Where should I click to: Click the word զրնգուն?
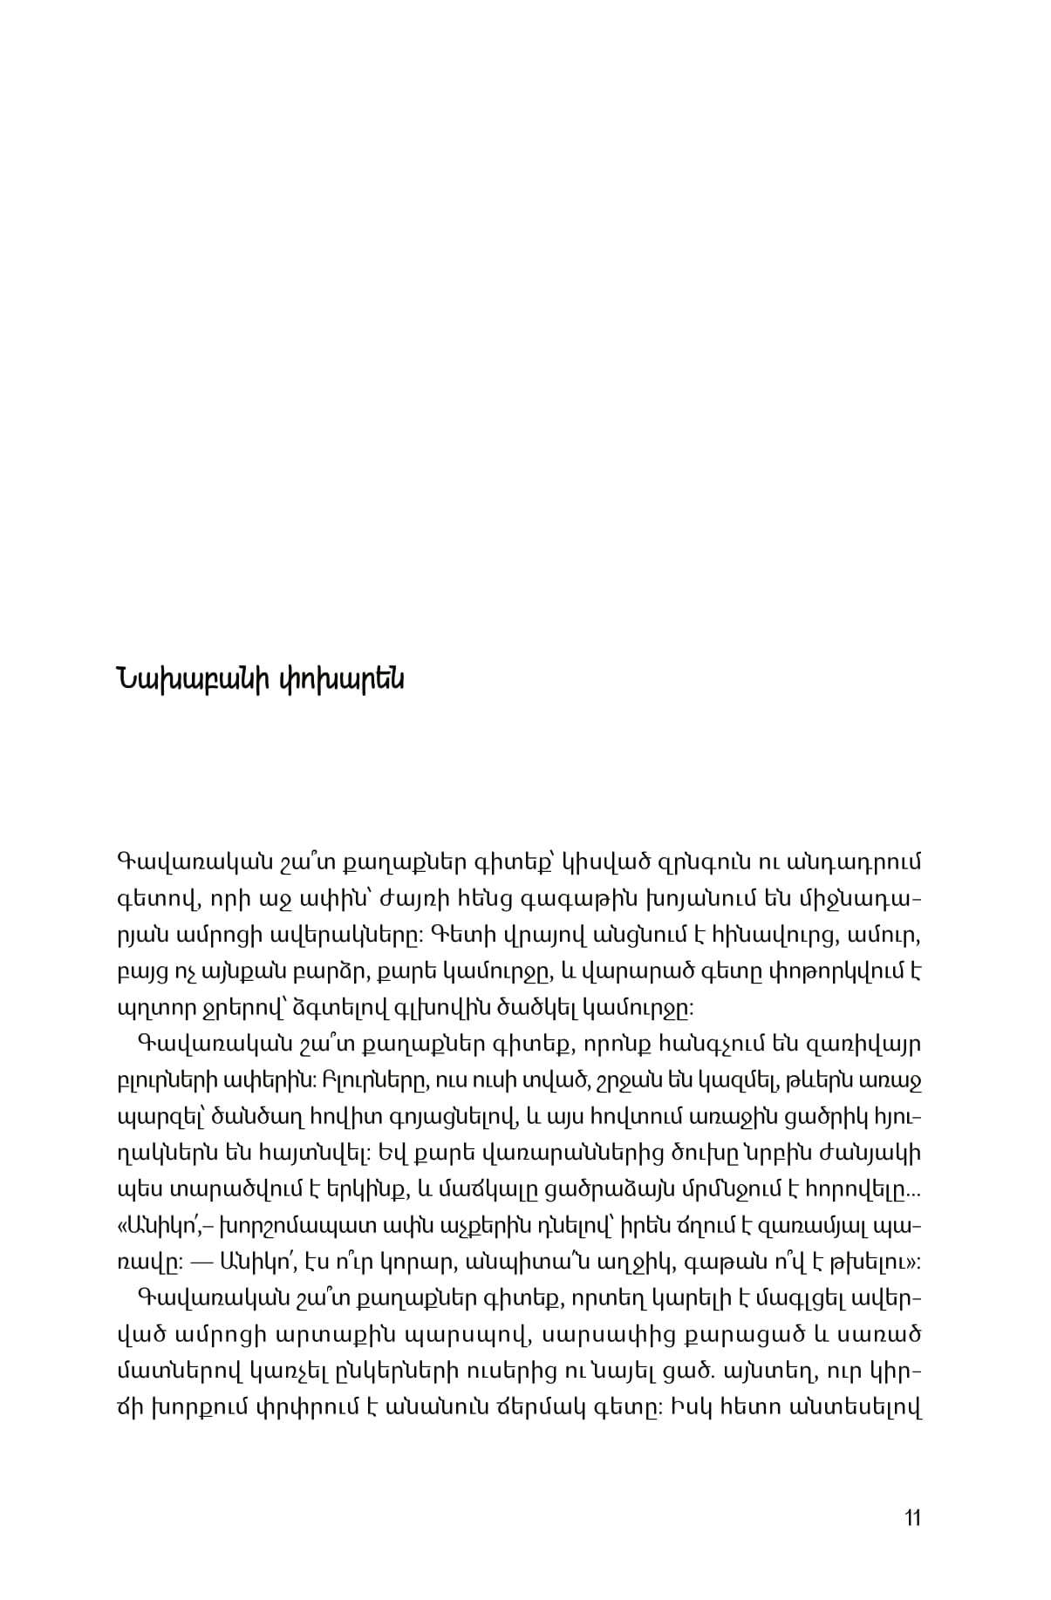707,862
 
